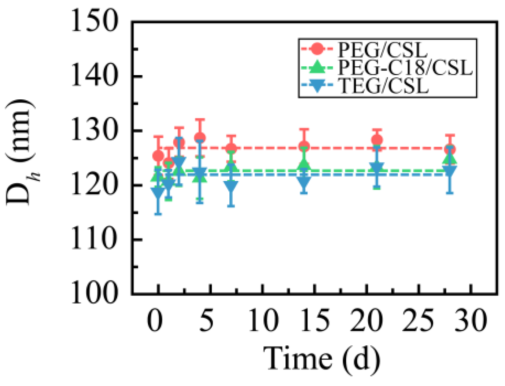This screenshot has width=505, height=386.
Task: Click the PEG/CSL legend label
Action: (x=382, y=49)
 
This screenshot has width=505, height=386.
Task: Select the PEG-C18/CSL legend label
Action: (x=405, y=67)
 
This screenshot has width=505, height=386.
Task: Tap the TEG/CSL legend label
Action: (x=384, y=87)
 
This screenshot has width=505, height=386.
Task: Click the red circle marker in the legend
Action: (x=318, y=49)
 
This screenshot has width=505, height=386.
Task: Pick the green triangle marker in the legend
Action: (x=318, y=67)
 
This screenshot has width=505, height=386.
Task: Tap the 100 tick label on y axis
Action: (x=94, y=293)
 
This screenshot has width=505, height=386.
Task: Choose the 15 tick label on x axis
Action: (x=314, y=320)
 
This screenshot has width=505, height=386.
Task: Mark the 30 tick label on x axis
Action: (x=471, y=320)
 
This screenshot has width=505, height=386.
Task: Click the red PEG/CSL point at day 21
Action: (x=377, y=140)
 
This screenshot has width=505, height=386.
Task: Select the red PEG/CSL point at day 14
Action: (x=304, y=147)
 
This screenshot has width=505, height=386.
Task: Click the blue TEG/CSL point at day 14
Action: (x=304, y=181)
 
